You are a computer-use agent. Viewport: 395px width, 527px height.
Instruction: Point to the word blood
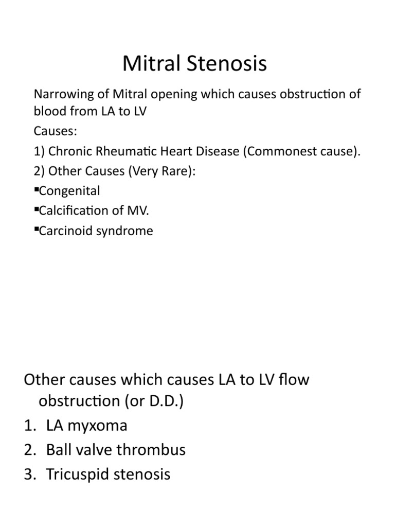[x=47, y=112]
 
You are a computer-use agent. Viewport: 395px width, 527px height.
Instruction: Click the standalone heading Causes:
[x=55, y=131]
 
